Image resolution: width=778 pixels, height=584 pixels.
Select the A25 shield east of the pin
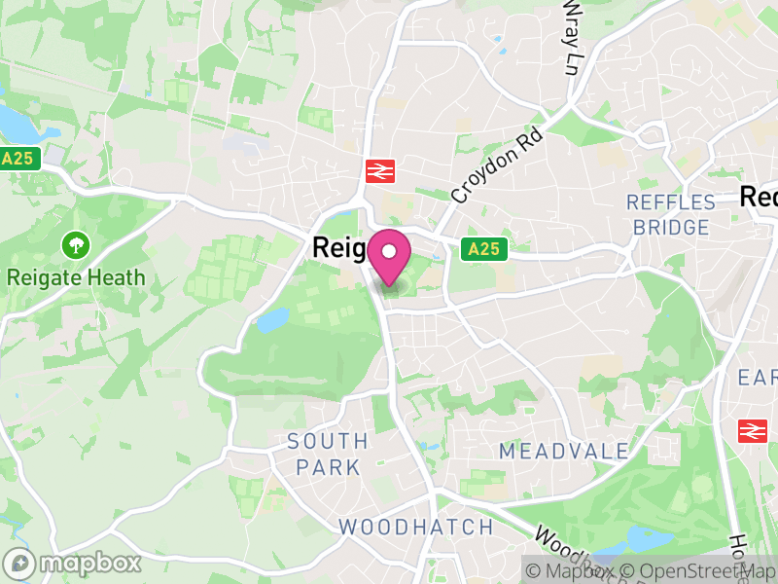click(483, 249)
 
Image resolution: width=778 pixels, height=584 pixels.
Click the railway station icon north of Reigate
click(377, 172)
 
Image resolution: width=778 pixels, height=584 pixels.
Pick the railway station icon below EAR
click(753, 430)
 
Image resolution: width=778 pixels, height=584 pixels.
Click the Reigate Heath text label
click(76, 277)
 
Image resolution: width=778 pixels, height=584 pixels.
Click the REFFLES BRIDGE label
click(671, 215)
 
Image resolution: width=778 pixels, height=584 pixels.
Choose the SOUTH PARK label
click(328, 455)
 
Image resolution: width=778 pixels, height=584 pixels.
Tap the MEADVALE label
click(550, 451)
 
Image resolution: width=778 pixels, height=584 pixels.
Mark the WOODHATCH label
click(415, 527)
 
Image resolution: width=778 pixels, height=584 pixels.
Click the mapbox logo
click(74, 563)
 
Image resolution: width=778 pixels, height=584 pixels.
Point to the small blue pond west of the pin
click(274, 318)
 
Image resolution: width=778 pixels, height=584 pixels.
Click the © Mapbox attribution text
click(573, 570)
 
